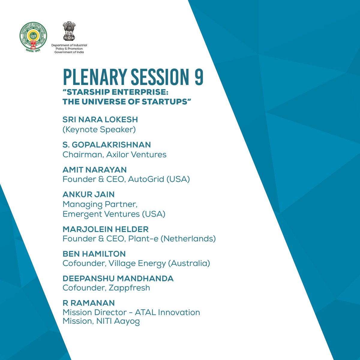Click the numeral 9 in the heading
tap(198, 77)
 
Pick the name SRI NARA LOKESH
tap(100, 119)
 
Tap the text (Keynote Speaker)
tap(99, 129)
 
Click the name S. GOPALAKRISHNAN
tap(106, 145)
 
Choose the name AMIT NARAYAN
tap(94, 169)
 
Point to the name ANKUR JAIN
tap(88, 194)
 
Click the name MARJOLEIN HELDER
tap(105, 229)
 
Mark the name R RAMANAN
tap(88, 302)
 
